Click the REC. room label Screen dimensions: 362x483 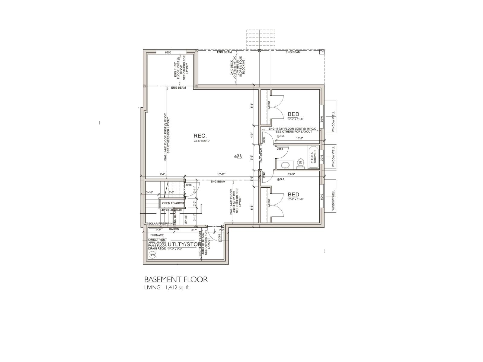point(200,136)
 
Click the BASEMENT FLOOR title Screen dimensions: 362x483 point(176,279)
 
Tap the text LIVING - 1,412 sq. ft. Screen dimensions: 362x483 point(167,287)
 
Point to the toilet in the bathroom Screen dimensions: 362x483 point(301,162)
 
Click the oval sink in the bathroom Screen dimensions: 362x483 point(285,165)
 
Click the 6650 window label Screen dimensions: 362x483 point(168,52)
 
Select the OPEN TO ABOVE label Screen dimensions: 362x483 point(173,203)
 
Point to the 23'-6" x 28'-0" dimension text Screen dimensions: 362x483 point(202,141)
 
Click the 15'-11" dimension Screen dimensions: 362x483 point(221,174)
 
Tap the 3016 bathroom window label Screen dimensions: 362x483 point(322,158)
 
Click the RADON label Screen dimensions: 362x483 point(174,229)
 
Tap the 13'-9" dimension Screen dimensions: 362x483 point(291,174)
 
